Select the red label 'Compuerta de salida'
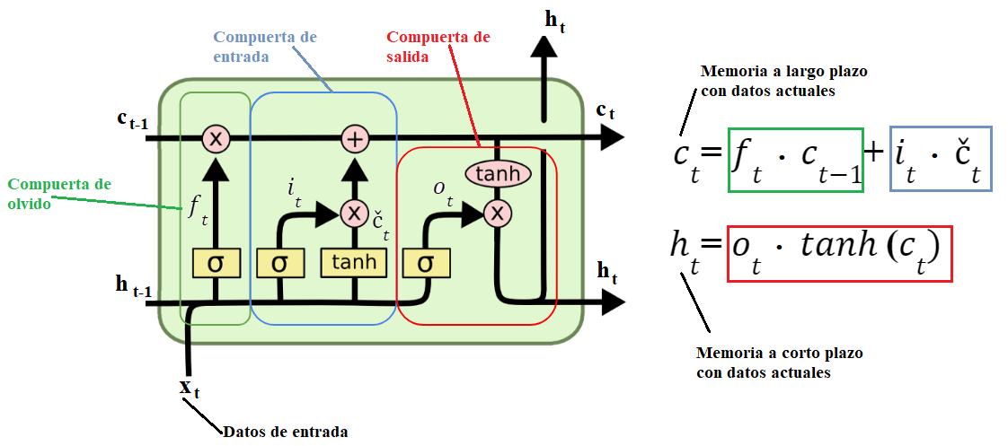pos(438,47)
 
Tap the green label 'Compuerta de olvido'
pos(59,193)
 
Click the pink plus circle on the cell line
pos(355,138)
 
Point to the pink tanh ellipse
pos(497,173)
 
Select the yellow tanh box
pos(355,262)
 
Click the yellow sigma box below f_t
pos(216,262)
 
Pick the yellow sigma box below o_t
pos(427,262)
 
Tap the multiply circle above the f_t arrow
pos(216,138)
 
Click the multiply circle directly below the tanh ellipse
pos(497,213)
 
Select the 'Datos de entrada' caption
pos(285,432)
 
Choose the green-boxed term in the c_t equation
pos(795,160)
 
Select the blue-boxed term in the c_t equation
pos(941,160)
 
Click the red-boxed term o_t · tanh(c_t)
pos(839,254)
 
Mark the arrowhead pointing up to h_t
pos(543,47)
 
